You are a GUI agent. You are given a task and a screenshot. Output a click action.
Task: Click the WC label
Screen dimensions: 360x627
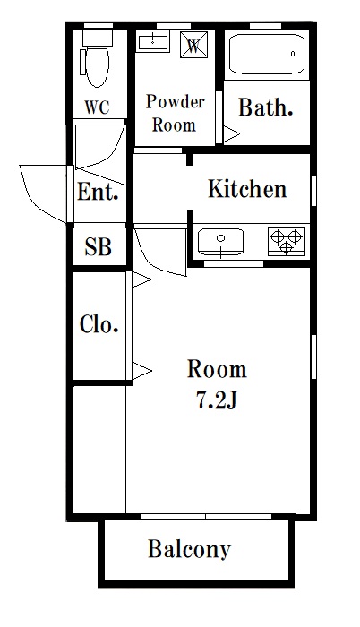(x=97, y=107)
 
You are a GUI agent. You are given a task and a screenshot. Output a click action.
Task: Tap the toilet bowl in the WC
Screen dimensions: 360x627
(x=98, y=66)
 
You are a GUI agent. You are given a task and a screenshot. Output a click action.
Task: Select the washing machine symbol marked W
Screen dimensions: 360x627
(x=194, y=45)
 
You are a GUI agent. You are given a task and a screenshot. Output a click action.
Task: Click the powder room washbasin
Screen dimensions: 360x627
(x=153, y=41)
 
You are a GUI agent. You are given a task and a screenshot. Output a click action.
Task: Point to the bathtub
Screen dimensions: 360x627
(x=267, y=55)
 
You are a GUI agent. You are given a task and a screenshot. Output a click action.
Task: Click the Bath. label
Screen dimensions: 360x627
(x=266, y=107)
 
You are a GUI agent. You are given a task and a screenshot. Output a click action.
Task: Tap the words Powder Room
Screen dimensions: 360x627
(x=175, y=113)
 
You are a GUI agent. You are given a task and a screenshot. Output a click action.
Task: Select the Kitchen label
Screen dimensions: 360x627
(x=247, y=189)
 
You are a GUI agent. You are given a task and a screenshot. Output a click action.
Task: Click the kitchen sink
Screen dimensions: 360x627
(x=221, y=242)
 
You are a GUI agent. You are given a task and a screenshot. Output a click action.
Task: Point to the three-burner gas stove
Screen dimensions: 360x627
(x=287, y=241)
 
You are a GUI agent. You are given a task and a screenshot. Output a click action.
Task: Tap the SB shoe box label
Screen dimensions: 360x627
(x=98, y=246)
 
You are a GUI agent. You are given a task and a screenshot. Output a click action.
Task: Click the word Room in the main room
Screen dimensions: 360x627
(x=217, y=369)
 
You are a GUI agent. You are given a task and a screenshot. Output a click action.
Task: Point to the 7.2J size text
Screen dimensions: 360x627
(x=217, y=400)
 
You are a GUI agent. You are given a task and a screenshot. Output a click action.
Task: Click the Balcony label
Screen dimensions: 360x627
(x=189, y=550)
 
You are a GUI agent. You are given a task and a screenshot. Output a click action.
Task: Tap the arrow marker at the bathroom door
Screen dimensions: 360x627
(x=231, y=134)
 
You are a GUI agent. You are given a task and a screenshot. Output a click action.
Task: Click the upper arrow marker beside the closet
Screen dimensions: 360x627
(x=141, y=279)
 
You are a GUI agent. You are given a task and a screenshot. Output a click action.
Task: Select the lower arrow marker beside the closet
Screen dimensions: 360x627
(x=142, y=371)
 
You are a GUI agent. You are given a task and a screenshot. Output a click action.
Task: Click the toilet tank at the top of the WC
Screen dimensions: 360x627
(x=98, y=38)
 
